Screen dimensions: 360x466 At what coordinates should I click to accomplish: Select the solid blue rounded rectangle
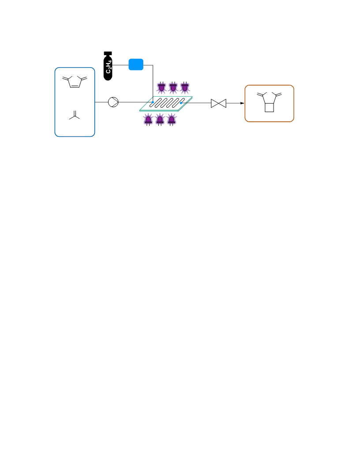136,64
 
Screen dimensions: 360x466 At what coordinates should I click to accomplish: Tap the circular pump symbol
113,102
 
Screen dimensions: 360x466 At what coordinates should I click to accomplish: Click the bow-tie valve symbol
219,103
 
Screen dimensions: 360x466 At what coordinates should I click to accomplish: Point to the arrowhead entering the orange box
242,103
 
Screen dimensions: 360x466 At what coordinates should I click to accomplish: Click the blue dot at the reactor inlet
153,102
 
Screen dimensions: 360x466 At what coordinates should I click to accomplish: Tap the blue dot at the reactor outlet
181,103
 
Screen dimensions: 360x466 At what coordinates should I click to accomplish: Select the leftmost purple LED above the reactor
161,87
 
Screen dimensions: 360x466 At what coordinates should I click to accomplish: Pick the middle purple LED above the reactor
173,87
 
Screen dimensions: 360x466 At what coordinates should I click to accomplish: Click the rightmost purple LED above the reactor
184,87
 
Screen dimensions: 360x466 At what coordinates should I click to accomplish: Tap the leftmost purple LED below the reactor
148,120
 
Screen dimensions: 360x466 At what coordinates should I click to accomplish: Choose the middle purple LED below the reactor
160,120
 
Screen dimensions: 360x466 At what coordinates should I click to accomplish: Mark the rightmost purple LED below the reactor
171,120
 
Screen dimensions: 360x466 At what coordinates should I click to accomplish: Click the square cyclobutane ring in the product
265,108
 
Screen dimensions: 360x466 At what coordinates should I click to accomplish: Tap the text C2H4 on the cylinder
109,67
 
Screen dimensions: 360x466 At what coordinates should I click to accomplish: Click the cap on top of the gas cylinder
108,53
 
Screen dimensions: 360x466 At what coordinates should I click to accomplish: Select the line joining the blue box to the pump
101,102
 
